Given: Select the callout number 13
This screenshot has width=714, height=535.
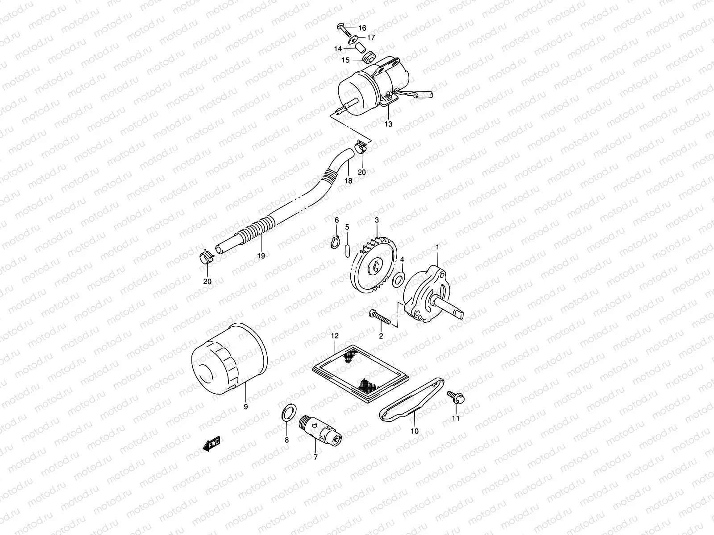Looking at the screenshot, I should click(x=388, y=124).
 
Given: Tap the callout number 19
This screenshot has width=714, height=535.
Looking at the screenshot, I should click(x=261, y=255).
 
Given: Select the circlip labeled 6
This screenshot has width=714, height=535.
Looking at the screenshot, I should click(x=336, y=242).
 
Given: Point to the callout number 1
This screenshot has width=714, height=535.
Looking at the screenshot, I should click(x=438, y=247).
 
